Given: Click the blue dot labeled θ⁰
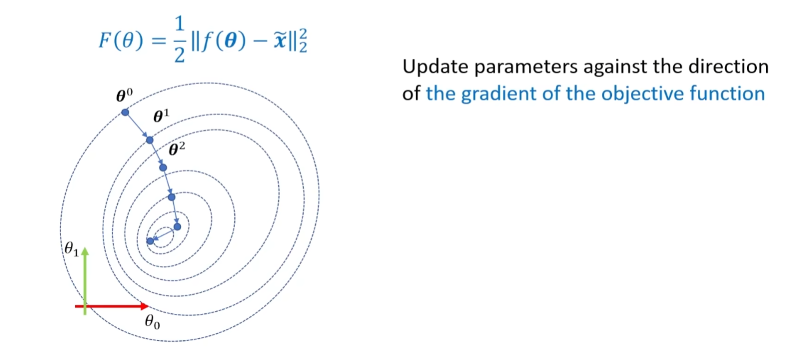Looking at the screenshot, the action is (x=125, y=112).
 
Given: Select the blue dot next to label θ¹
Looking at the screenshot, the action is (x=150, y=140).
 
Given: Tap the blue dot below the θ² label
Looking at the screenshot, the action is (x=163, y=167).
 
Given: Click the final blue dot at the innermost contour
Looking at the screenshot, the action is (x=150, y=241).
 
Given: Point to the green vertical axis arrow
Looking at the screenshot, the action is (x=85, y=281).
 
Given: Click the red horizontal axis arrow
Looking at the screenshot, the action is (x=111, y=306).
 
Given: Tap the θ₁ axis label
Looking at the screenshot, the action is (x=72, y=249).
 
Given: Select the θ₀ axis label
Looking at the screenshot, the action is (x=152, y=321).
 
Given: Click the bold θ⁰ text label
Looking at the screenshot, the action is (x=124, y=95).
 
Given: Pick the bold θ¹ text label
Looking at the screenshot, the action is (x=161, y=116).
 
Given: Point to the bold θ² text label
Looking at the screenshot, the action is (x=177, y=149).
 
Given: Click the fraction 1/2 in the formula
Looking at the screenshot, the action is (x=180, y=40).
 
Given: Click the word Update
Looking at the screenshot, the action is (x=435, y=67).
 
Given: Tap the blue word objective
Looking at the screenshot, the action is (x=642, y=94).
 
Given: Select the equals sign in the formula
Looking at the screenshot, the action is (x=159, y=41).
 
